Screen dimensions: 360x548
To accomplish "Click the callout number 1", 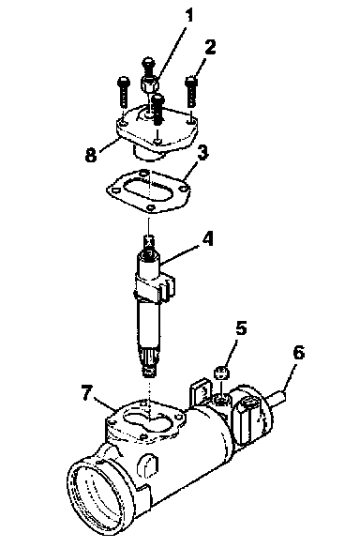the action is tap(188, 16).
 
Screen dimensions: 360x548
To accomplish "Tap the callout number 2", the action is tap(210, 48).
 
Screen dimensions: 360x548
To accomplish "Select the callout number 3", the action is tap(202, 154).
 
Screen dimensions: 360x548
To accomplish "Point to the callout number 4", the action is tap(208, 239).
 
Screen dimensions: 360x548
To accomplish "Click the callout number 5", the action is tap(241, 328).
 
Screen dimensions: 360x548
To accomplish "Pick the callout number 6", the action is tap(298, 352).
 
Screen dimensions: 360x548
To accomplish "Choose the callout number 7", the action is tap(87, 392).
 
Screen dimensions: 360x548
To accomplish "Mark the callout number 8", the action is tap(91, 154).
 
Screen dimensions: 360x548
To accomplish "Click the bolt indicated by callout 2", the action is tap(190, 91).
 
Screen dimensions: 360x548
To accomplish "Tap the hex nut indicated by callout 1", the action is tap(150, 84).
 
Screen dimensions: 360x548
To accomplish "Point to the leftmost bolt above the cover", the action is tap(124, 92).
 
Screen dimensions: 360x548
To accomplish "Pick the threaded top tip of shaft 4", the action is tap(149, 241).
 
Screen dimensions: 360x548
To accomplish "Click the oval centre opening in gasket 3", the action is tap(147, 189).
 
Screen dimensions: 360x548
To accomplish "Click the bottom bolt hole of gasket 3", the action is tap(151, 207).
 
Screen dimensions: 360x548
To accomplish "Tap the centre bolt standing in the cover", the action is tap(158, 109).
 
